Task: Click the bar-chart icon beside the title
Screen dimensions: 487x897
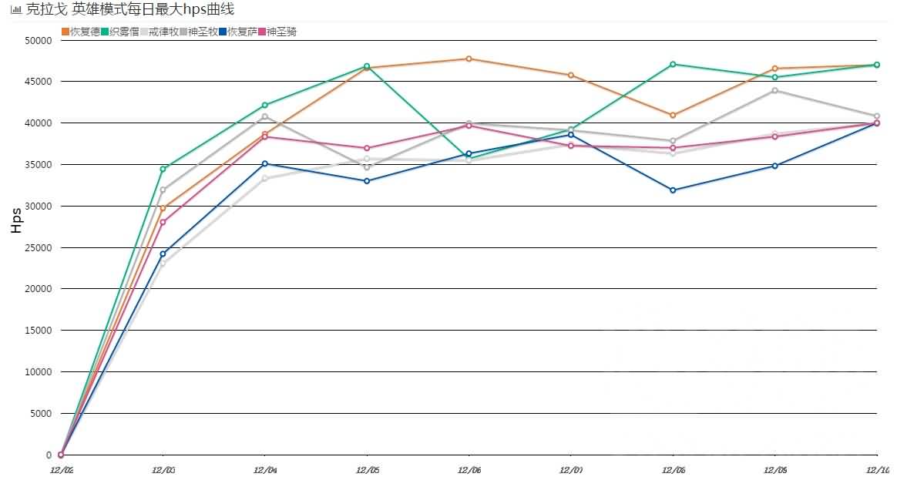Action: click(15, 10)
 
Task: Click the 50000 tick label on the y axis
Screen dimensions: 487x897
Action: click(38, 40)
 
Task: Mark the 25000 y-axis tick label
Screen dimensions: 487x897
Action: click(38, 247)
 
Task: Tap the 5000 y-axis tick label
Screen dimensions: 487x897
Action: click(41, 414)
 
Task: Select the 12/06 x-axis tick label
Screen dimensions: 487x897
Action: click(469, 469)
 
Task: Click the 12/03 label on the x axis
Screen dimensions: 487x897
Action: click(163, 469)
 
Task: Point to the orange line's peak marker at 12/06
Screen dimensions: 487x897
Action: click(469, 59)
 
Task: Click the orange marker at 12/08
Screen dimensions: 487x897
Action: click(673, 115)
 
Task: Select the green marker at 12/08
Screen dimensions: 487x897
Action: click(673, 64)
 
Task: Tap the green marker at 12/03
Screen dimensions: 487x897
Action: click(163, 169)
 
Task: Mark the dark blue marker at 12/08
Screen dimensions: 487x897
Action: click(673, 190)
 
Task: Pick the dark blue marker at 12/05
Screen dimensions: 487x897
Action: click(367, 181)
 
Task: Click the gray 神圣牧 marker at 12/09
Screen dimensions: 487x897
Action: click(774, 90)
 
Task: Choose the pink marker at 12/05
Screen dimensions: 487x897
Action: click(367, 148)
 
